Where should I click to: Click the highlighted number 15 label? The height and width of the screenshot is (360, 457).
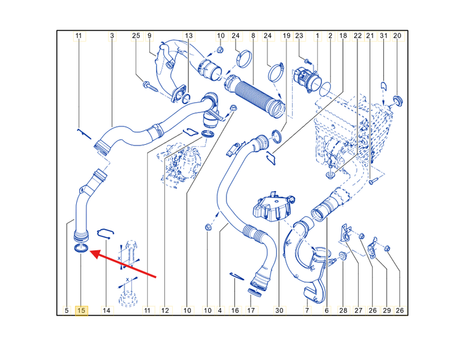82,310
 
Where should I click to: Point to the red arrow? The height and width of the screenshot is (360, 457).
123,263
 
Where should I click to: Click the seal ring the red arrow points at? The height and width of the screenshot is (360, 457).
81,249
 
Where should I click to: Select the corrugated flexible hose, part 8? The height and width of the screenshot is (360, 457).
254,95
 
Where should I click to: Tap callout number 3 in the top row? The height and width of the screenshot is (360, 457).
112,36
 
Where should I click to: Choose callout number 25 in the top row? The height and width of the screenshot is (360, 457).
136,36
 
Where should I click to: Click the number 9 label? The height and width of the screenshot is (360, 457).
150,36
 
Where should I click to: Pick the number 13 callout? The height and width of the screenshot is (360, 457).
189,36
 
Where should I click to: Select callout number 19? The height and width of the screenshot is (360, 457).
287,36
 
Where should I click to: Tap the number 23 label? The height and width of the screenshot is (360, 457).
300,36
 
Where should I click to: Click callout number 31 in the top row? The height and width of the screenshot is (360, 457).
383,36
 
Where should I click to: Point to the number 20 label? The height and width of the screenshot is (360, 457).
397,36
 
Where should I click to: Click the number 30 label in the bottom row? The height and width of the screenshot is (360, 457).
279,310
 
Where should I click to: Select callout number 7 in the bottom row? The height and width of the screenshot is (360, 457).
307,310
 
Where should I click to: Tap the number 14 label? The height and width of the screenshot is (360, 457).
107,310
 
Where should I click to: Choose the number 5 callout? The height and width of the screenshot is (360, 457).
67,310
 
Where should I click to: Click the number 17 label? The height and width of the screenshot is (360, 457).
251,310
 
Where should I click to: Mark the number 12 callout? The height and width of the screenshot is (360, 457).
165,310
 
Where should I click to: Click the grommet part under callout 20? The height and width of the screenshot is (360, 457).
397,100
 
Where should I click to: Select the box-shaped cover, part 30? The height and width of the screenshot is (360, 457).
272,207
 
